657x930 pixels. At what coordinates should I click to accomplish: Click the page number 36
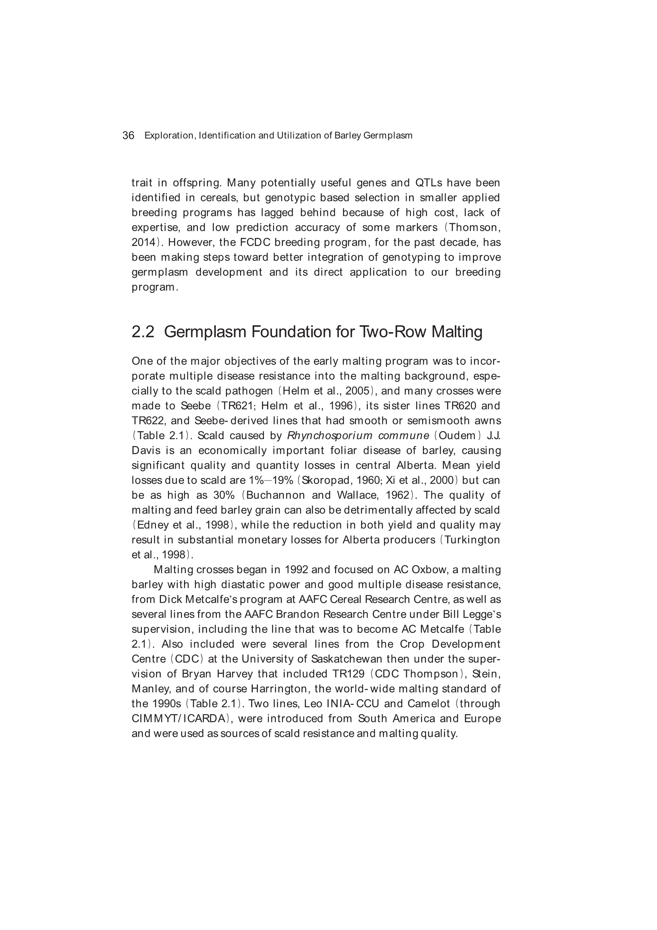point(128,135)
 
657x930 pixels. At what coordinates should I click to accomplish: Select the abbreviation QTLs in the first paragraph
point(429,183)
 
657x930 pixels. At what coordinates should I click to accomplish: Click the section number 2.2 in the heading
point(143,332)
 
